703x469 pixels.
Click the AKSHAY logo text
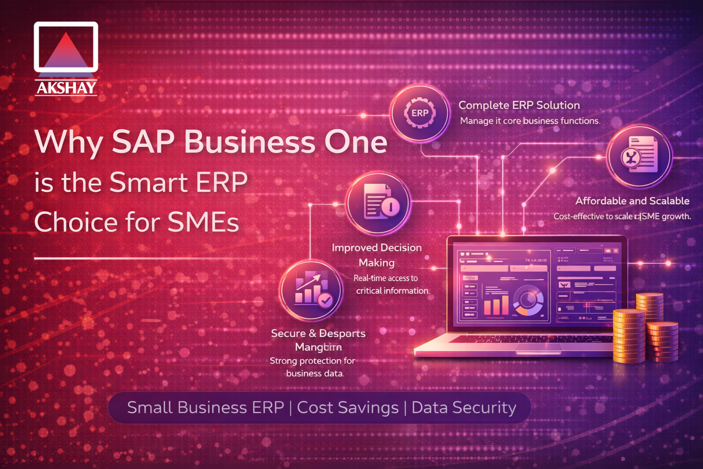coord(66,87)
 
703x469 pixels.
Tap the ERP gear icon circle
coord(420,113)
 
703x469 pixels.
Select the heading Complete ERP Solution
coord(519,105)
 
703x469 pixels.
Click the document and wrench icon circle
coord(639,156)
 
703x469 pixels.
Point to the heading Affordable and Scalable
coord(632,201)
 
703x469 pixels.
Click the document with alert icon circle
coord(378,203)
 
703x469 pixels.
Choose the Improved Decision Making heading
coord(377,255)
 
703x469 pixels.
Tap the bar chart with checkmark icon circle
coord(312,289)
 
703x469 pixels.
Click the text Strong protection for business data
coord(313,367)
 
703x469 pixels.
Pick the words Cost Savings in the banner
coord(348,407)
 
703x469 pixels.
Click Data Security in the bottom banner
coord(464,407)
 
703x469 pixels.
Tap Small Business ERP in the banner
coord(205,407)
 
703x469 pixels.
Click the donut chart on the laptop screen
coord(529,300)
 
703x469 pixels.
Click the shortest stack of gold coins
coord(662,341)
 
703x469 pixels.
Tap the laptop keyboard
coord(517,339)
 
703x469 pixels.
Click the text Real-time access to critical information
coord(392,284)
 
